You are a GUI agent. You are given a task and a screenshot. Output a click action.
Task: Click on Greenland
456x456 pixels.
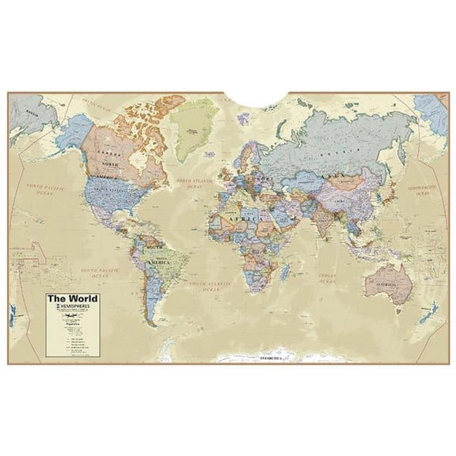tap(191, 127)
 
